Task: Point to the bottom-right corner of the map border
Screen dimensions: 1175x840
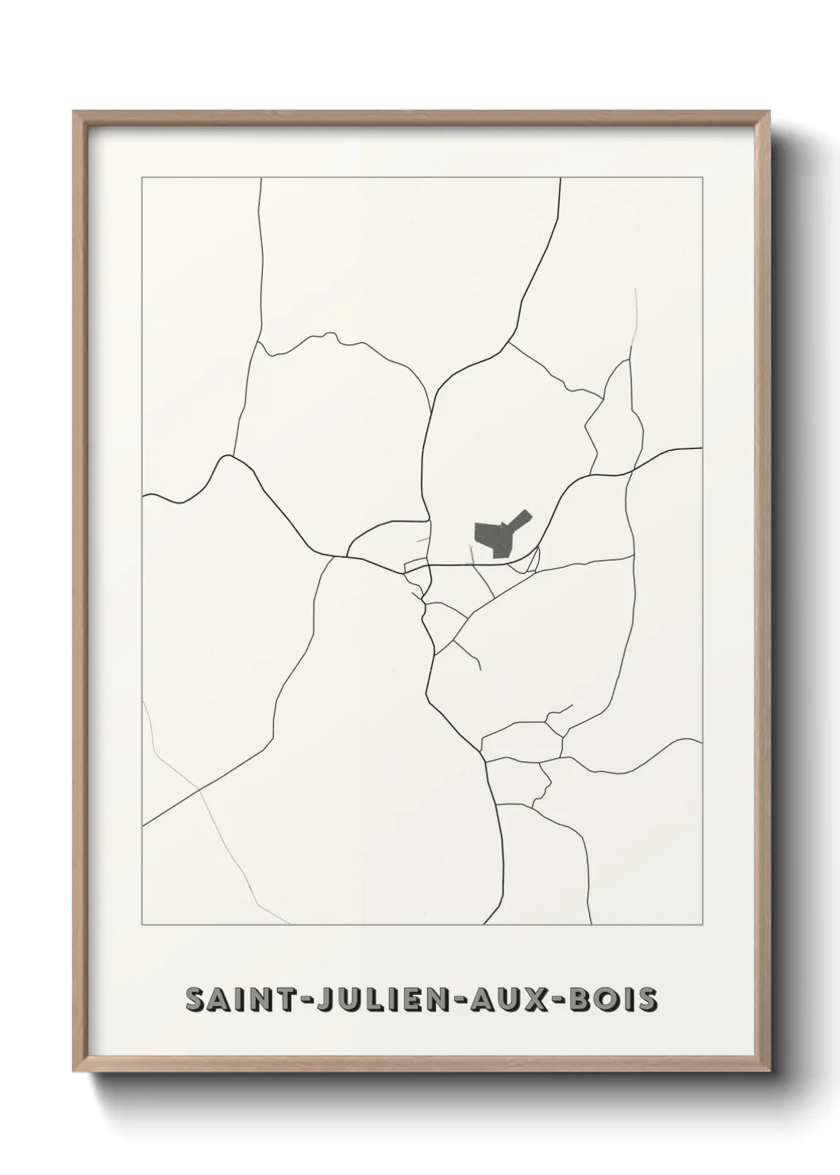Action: click(x=703, y=925)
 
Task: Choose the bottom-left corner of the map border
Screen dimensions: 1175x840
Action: click(x=142, y=925)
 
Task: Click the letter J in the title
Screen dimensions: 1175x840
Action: click(x=324, y=999)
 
